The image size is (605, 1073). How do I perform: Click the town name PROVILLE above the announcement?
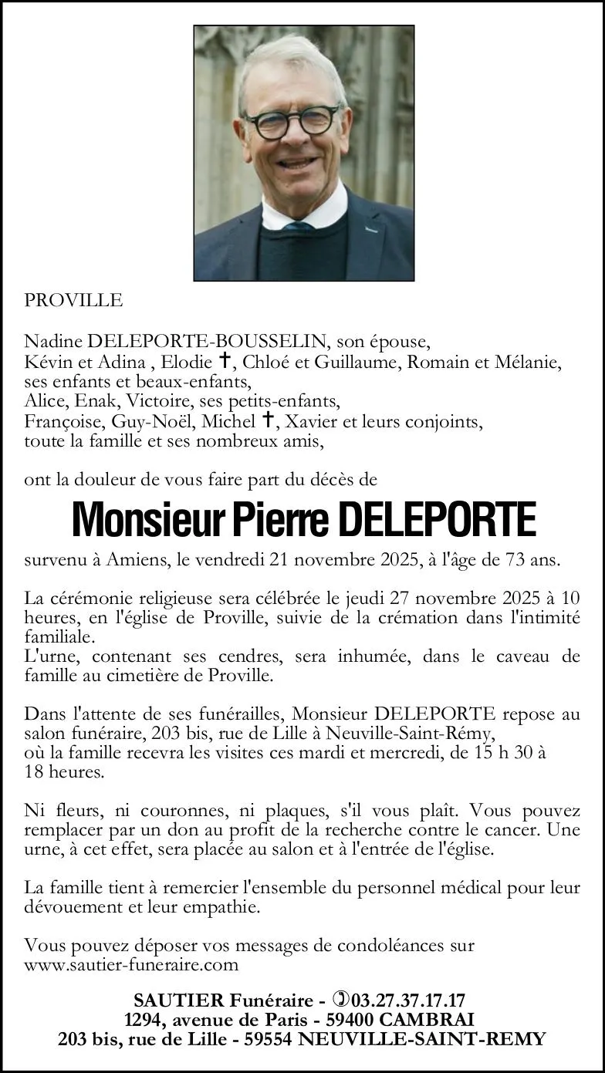(x=73, y=301)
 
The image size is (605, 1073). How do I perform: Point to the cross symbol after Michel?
(x=269, y=420)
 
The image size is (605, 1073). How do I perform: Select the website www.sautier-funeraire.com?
(x=131, y=964)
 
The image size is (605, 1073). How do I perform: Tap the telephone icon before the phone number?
(x=339, y=1000)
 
